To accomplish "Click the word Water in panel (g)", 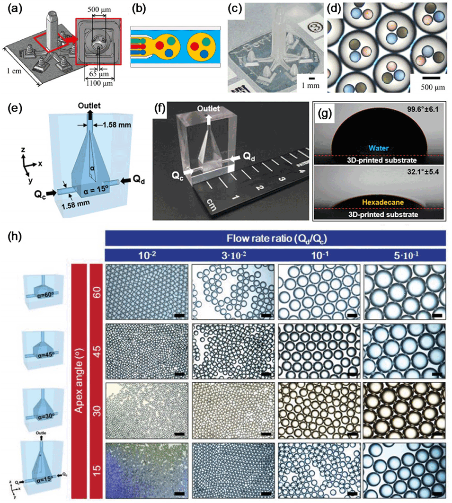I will (378, 148).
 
